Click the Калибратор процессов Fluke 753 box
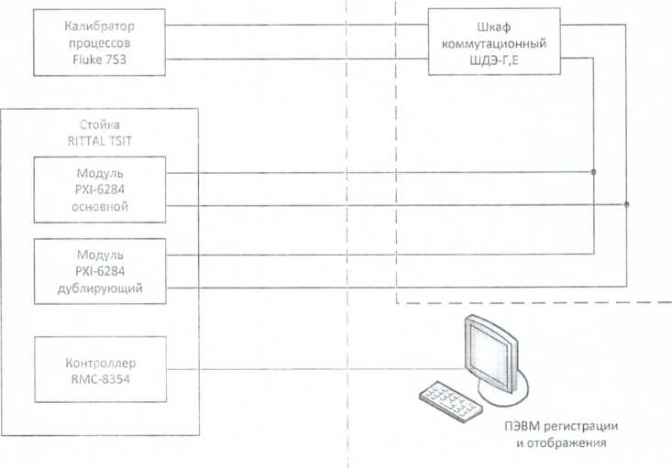click(x=100, y=42)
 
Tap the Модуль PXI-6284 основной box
click(x=100, y=189)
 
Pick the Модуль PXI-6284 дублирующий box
click(x=100, y=270)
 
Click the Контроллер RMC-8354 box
click(x=100, y=368)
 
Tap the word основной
click(x=101, y=207)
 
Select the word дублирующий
click(x=101, y=289)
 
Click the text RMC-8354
click(x=101, y=377)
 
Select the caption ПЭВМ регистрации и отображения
click(x=561, y=435)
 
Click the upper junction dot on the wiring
click(x=593, y=171)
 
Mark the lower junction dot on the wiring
click(x=626, y=204)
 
